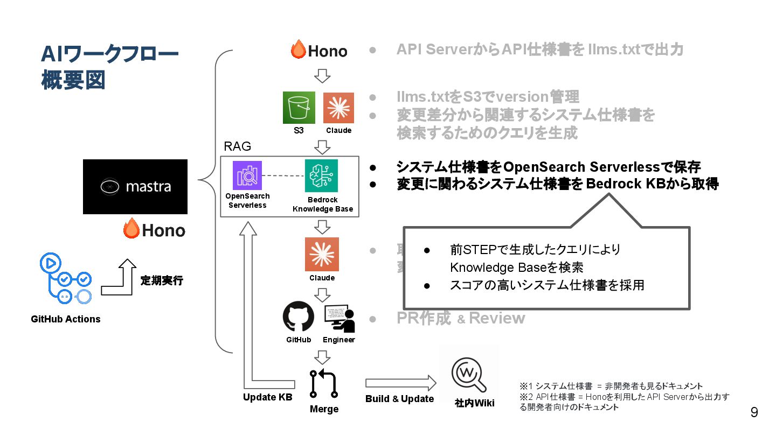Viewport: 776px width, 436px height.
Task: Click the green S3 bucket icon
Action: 299,108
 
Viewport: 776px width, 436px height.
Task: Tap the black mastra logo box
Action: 135,187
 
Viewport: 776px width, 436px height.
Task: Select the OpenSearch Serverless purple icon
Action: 247,175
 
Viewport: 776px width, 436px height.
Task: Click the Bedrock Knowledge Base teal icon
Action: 321,175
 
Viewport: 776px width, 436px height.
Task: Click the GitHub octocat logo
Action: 299,317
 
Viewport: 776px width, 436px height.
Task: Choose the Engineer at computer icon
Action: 339,318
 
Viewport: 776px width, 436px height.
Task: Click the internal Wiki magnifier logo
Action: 468,372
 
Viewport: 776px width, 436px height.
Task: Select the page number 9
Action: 754,413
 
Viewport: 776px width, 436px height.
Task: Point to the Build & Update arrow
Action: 400,383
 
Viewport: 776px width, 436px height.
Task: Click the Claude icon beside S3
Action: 338,108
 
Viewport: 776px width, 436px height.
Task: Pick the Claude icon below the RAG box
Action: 322,254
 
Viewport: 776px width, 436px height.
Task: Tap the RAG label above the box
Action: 238,147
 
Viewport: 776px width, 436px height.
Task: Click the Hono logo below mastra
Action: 154,230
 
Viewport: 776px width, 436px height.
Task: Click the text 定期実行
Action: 162,280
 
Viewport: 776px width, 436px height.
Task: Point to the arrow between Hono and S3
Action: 322,76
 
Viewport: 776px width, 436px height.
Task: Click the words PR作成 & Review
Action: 461,318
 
